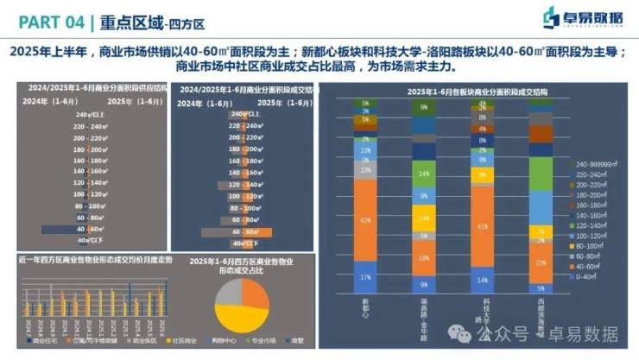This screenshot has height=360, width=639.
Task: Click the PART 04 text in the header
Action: [44, 18]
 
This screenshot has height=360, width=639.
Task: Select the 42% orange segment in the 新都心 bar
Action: [365, 221]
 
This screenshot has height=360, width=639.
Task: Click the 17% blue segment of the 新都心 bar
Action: [365, 276]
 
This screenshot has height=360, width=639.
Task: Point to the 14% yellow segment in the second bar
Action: [423, 218]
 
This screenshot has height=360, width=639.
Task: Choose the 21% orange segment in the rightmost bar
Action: [541, 262]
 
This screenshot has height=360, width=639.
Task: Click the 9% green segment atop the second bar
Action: [423, 108]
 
